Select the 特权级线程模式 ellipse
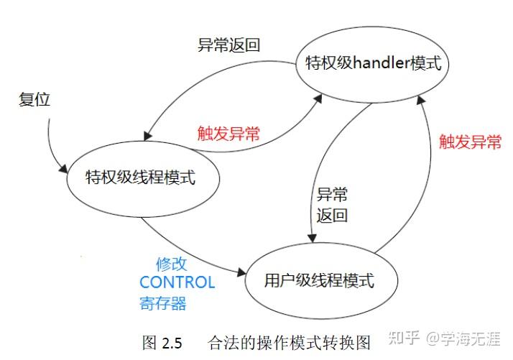pyautogui.click(x=140, y=177)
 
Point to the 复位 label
pyautogui.click(x=34, y=100)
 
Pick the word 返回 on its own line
pyautogui.click(x=333, y=215)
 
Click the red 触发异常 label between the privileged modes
pyautogui.click(x=228, y=133)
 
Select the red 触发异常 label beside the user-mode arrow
pyautogui.click(x=471, y=142)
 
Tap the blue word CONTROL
pyautogui.click(x=177, y=282)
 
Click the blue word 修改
pyautogui.click(x=172, y=263)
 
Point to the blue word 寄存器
pyautogui.click(x=162, y=303)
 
